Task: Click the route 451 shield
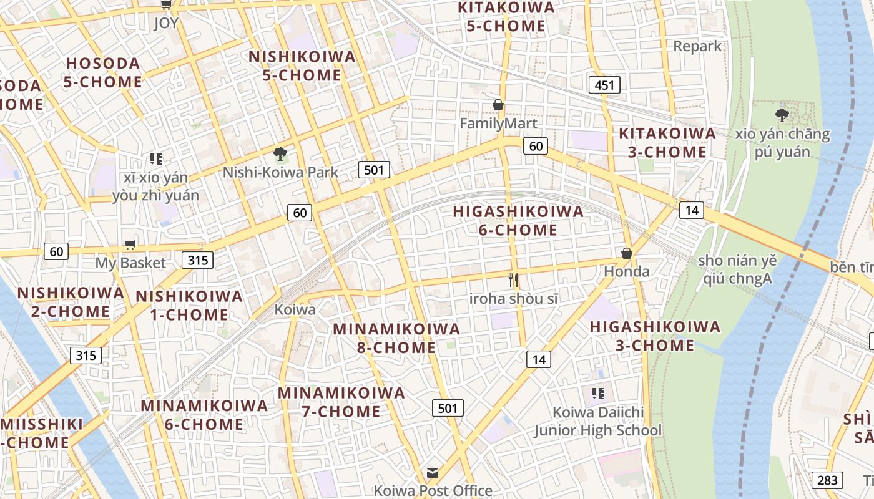click(604, 84)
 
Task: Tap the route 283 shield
click(827, 480)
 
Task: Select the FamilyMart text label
click(498, 124)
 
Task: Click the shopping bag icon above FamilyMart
click(498, 105)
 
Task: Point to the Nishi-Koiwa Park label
click(280, 172)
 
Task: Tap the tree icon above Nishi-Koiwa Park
click(280, 153)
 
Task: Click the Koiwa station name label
click(295, 309)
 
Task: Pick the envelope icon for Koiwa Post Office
click(433, 472)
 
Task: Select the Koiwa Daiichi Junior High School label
click(597, 421)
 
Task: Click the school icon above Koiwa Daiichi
click(597, 394)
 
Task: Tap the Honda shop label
click(627, 271)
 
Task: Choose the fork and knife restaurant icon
click(513, 280)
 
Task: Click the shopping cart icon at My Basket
click(130, 245)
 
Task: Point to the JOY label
click(166, 23)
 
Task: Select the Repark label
click(697, 46)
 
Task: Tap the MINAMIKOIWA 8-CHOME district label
click(396, 337)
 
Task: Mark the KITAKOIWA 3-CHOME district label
click(667, 142)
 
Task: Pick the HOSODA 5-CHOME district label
click(104, 72)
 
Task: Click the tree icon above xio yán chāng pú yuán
click(782, 115)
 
